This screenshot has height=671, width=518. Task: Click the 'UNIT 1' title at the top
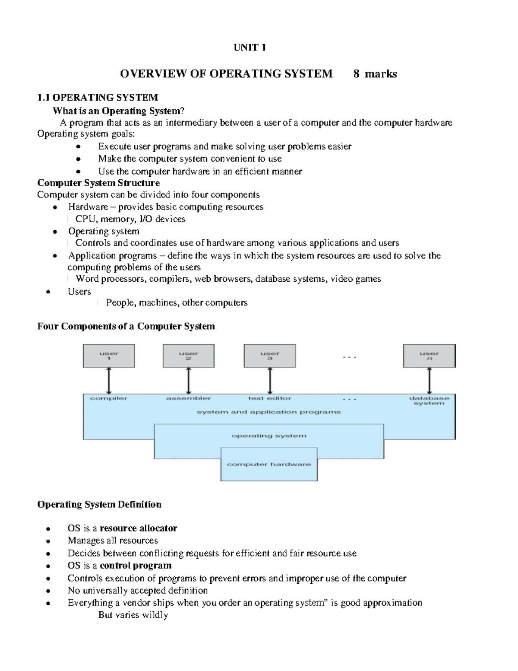250,48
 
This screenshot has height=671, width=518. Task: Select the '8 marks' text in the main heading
375,74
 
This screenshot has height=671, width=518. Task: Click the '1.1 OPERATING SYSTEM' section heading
98,98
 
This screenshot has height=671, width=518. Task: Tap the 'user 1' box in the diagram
109,356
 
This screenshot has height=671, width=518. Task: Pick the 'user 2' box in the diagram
189,356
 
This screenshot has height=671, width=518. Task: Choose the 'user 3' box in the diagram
270,356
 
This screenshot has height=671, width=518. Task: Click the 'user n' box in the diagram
429,356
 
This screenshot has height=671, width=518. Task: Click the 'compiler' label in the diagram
109,398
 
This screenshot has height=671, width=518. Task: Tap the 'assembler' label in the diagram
189,398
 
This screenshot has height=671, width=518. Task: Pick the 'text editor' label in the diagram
270,398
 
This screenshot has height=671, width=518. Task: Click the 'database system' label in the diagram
429,401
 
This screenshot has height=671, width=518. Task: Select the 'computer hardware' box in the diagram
269,464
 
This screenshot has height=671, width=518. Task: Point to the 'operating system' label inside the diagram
269,436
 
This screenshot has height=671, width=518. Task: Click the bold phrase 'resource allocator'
138,528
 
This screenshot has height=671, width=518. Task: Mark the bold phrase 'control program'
136,566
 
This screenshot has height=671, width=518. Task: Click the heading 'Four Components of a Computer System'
126,326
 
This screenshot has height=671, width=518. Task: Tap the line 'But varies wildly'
133,615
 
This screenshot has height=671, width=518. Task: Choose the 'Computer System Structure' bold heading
98,183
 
